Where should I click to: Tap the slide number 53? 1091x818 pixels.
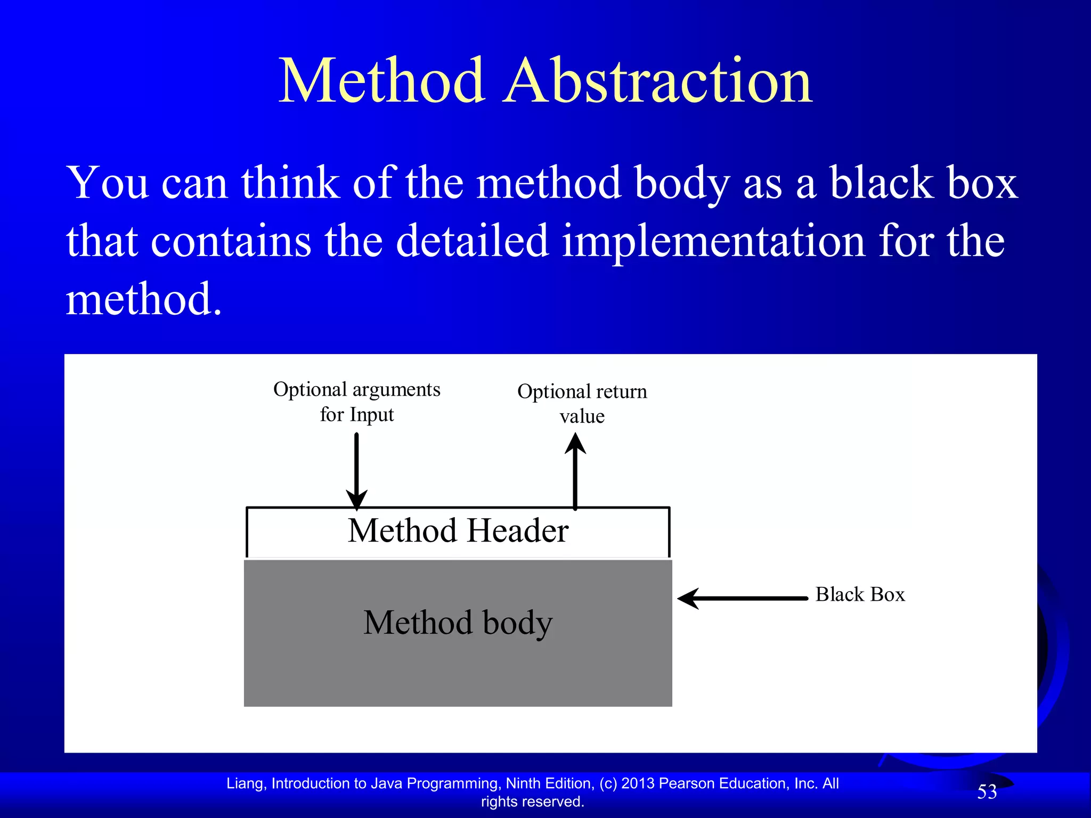(987, 792)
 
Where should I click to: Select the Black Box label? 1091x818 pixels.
(860, 594)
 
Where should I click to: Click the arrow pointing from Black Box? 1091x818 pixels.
(743, 599)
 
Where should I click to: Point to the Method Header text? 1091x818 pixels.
(458, 531)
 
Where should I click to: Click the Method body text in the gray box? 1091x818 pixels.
(458, 623)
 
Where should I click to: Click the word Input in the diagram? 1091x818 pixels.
(372, 415)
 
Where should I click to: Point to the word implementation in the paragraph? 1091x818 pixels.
(714, 241)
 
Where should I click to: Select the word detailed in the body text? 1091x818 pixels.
(472, 241)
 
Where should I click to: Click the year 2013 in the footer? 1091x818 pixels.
(638, 783)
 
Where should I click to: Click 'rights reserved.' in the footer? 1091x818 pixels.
(533, 801)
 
